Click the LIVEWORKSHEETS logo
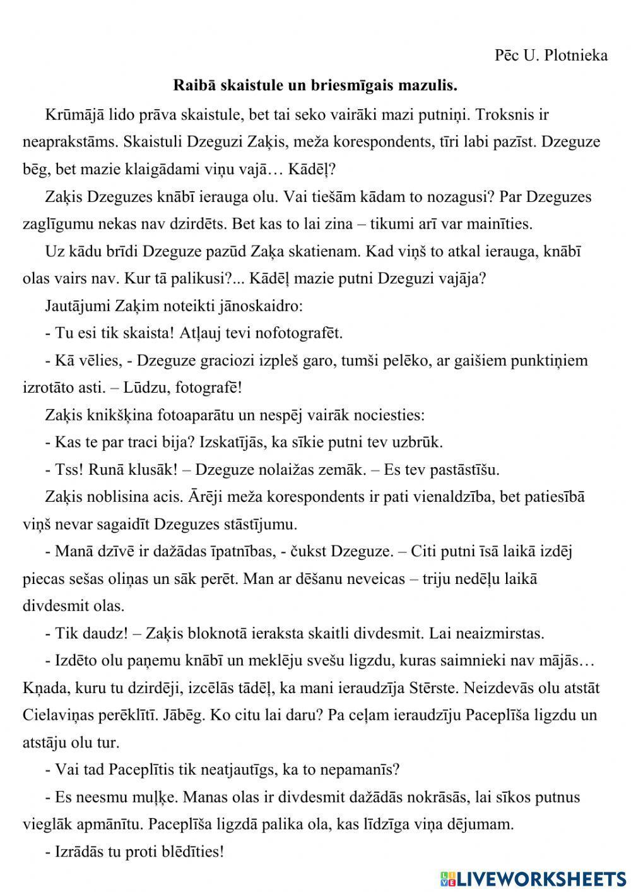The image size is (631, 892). coord(533,878)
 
